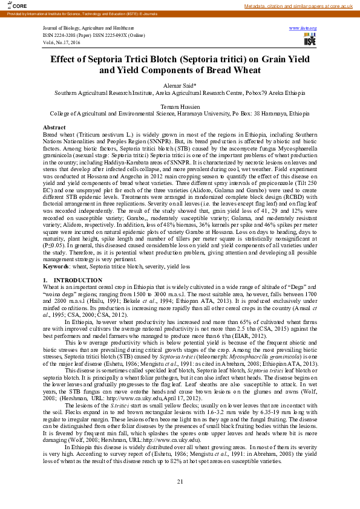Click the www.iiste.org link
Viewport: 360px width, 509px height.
(303, 28)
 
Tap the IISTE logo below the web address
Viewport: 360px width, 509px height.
(309, 39)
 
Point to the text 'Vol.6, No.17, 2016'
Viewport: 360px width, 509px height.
(62, 43)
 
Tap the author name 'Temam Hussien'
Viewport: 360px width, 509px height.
(180, 106)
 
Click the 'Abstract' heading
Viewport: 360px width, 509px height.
(54, 128)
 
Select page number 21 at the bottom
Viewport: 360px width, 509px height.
(180, 481)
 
